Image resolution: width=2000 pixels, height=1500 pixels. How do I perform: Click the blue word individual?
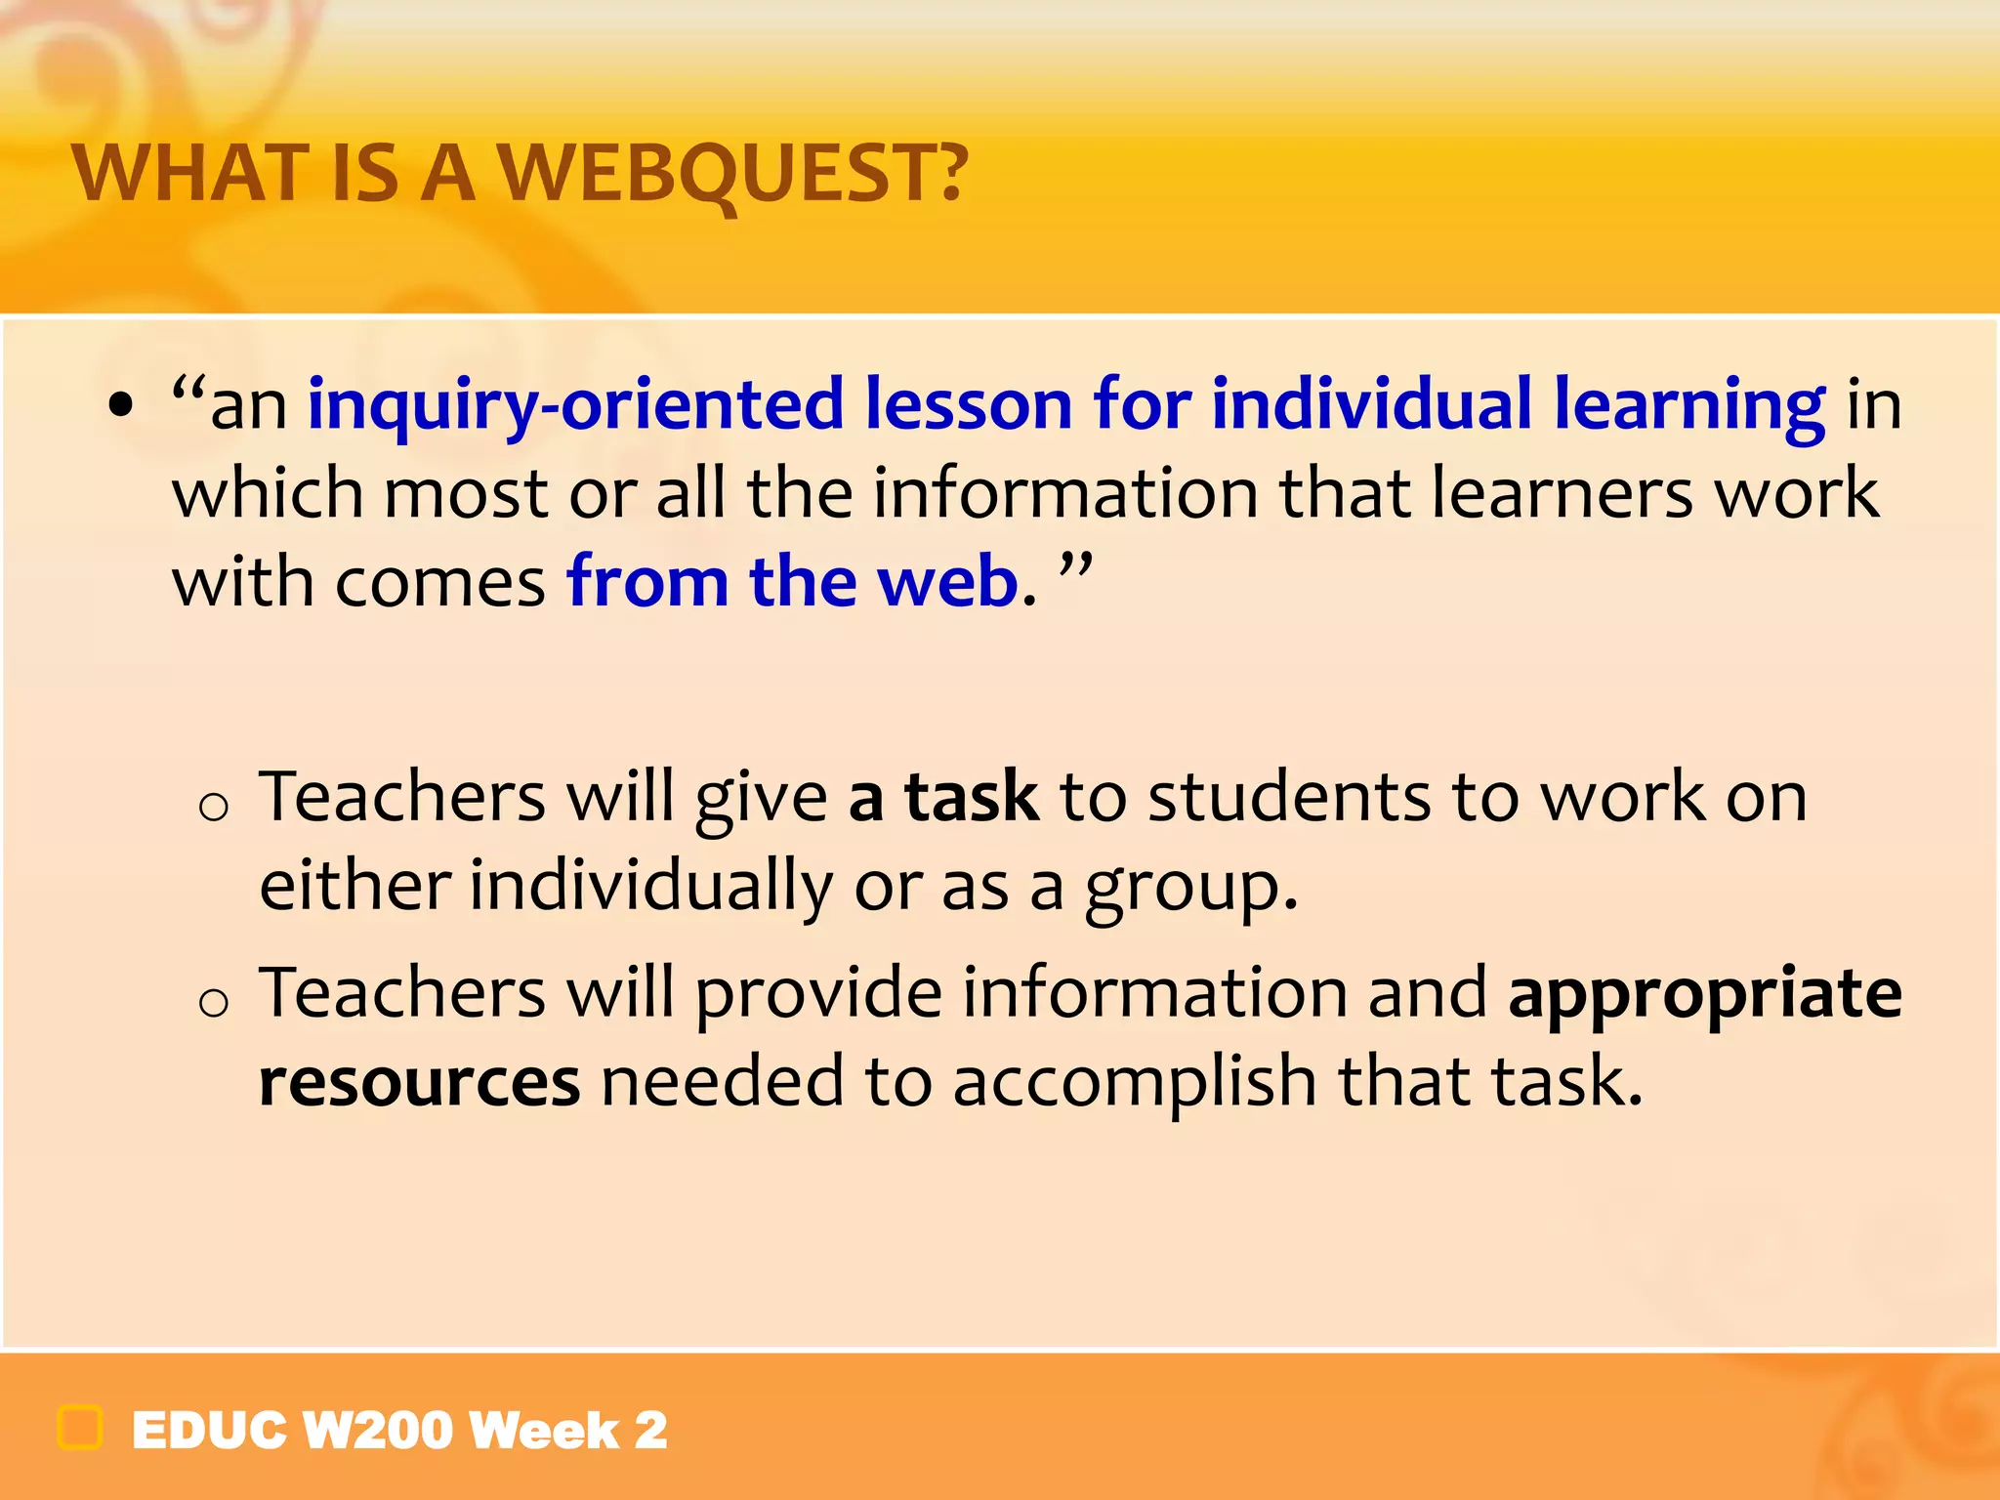(x=1371, y=403)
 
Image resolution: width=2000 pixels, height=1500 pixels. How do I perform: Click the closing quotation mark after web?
(x=1075, y=567)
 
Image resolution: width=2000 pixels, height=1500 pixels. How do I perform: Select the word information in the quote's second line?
(x=1064, y=492)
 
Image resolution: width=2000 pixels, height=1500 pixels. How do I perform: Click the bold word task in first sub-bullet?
(x=971, y=797)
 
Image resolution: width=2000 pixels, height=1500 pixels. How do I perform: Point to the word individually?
(x=649, y=887)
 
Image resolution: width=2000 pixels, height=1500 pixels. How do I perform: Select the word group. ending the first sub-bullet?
(x=1191, y=887)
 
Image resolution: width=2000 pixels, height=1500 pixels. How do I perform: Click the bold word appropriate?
(x=1705, y=994)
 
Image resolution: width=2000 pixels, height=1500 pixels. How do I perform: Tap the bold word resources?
(x=419, y=1082)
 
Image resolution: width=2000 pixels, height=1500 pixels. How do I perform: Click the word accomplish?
(x=1134, y=1082)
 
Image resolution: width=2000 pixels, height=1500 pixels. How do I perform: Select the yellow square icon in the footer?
(x=80, y=1428)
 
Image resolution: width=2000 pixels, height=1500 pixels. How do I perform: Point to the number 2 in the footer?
(x=650, y=1431)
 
